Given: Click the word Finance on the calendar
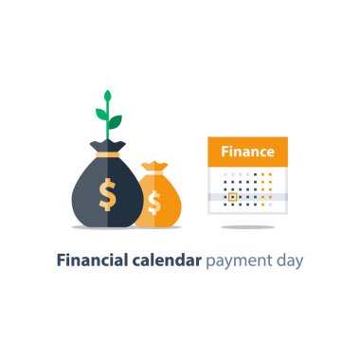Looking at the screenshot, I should [x=247, y=152].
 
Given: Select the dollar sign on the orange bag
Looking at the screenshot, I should [x=154, y=202].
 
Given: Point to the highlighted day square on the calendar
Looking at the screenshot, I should [x=230, y=199].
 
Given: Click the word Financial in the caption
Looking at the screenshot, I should [x=93, y=259].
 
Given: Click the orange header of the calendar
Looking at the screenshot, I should [x=247, y=152].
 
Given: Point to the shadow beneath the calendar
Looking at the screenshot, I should [x=247, y=227].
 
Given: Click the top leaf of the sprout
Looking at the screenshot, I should [x=107, y=97].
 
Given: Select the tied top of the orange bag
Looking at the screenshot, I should [x=153, y=169].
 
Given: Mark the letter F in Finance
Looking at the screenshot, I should [x=225, y=152].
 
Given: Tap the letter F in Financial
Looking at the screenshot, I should [x=61, y=259].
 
